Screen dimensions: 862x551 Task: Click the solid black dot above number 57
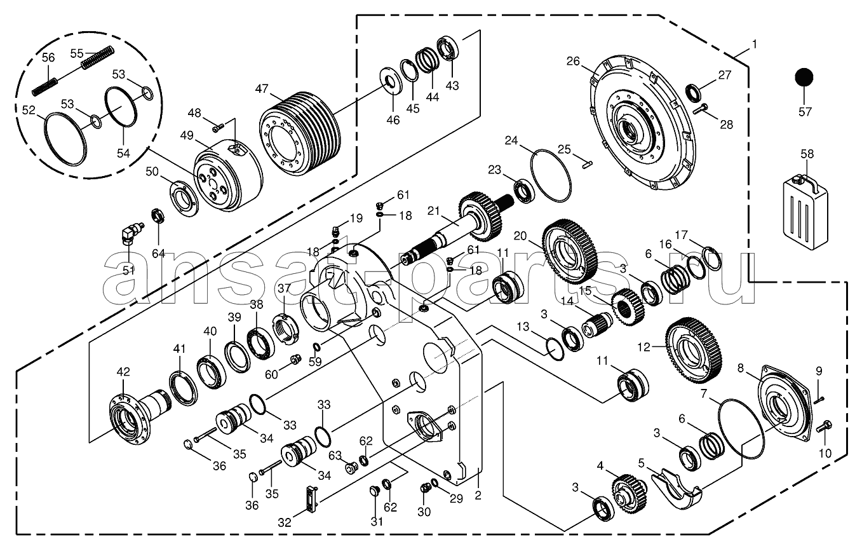804,78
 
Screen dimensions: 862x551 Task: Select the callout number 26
573,61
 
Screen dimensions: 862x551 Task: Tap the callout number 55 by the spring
77,53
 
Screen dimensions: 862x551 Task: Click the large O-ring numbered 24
551,175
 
